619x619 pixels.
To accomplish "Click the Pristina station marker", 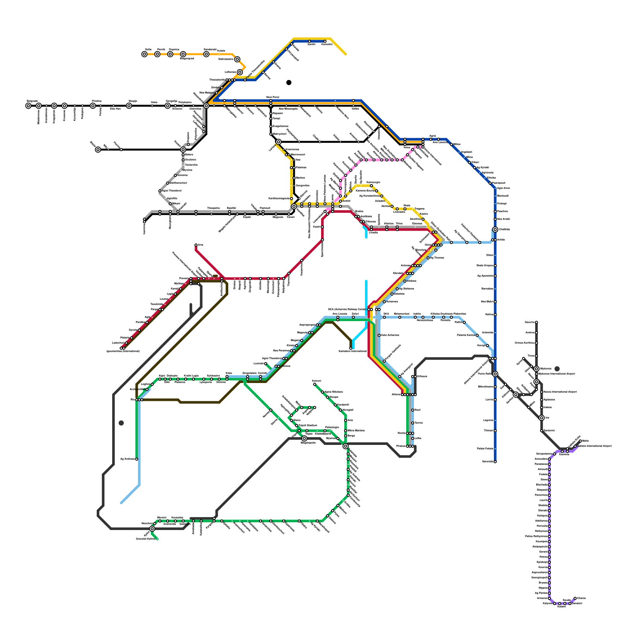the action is [93, 106].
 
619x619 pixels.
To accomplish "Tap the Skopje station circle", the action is [129, 106].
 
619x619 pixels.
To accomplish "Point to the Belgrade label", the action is [32, 101].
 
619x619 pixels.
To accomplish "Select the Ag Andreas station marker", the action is [137, 459].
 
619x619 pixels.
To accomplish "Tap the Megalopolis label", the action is [308, 443].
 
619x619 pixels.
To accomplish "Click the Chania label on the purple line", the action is [581, 598].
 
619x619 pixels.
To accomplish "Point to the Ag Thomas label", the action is [437, 258].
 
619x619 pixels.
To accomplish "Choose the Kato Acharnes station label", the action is [390, 335].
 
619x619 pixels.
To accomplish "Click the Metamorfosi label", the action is [401, 314].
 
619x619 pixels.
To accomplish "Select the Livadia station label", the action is [373, 233].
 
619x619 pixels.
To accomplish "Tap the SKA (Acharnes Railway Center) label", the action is [347, 309].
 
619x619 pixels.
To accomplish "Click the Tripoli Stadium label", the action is [308, 425].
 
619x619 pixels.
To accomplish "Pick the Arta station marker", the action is [196, 245].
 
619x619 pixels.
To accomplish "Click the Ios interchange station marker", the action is [542, 418].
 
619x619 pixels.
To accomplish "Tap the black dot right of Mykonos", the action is [557, 369].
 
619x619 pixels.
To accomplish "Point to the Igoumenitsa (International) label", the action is [123, 351].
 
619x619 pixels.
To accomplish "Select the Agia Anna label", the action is [503, 188].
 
